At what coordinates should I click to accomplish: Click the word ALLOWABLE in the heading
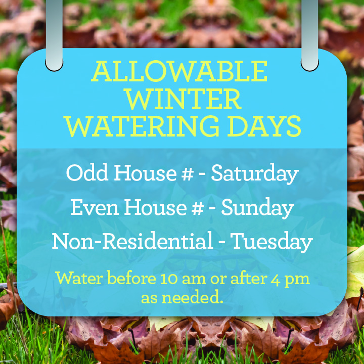pyautogui.click(x=179, y=71)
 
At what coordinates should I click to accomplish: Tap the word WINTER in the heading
pyautogui.click(x=184, y=100)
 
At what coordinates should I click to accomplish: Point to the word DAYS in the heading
pyautogui.click(x=264, y=127)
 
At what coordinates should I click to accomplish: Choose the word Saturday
pyautogui.click(x=254, y=173)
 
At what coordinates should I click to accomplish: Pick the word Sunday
pyautogui.click(x=257, y=208)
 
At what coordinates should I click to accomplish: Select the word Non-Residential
pyautogui.click(x=132, y=241)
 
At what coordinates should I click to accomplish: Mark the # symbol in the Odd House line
pyautogui.click(x=188, y=173)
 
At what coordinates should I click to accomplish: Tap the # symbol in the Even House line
pyautogui.click(x=198, y=207)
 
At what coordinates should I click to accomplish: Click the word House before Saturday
pyautogui.click(x=145, y=173)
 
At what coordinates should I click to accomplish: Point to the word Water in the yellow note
pyautogui.click(x=79, y=278)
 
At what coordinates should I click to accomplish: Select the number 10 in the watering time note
pyautogui.click(x=170, y=279)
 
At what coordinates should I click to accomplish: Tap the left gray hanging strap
pyautogui.click(x=54, y=35)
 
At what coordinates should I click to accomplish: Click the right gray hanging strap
pyautogui.click(x=310, y=35)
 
